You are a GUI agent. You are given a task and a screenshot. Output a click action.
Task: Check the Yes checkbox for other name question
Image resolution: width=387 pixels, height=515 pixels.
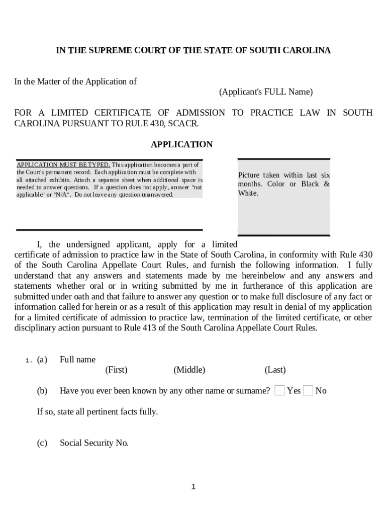click(280, 390)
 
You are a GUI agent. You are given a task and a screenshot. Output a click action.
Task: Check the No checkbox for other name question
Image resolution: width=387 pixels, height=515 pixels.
click(308, 390)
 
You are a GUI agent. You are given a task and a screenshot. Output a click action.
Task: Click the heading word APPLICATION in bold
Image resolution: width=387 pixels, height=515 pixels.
click(181, 144)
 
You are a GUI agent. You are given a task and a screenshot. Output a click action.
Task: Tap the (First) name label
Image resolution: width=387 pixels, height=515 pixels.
click(116, 370)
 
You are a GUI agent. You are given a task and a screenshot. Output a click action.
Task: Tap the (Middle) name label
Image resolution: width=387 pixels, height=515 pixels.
click(189, 370)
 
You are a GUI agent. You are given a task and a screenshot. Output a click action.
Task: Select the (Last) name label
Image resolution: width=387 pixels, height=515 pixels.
click(275, 370)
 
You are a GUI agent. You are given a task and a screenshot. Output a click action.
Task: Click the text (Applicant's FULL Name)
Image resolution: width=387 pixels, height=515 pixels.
click(265, 92)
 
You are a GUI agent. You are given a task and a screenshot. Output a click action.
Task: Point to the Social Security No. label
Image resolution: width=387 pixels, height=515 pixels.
click(94, 443)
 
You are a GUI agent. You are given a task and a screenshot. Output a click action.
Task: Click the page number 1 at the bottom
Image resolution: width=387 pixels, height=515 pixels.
click(193, 486)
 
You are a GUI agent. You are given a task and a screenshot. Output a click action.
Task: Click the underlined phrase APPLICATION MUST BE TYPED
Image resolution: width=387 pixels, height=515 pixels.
click(63, 165)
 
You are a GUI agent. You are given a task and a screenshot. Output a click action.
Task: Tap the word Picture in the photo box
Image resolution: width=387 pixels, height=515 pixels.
click(249, 175)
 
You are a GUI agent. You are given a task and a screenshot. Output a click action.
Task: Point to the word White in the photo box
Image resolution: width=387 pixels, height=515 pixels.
click(248, 193)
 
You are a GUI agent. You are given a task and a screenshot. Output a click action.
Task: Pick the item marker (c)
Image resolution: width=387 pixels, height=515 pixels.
click(42, 443)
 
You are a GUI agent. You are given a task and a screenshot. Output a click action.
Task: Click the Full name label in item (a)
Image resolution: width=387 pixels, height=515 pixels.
click(77, 360)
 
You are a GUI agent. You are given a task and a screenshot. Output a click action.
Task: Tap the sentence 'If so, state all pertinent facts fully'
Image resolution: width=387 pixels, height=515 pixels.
click(97, 412)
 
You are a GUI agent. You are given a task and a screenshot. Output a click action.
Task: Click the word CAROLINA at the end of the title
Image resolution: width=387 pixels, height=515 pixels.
click(308, 50)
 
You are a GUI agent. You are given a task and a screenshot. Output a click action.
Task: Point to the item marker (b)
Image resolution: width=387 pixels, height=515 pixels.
click(42, 391)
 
